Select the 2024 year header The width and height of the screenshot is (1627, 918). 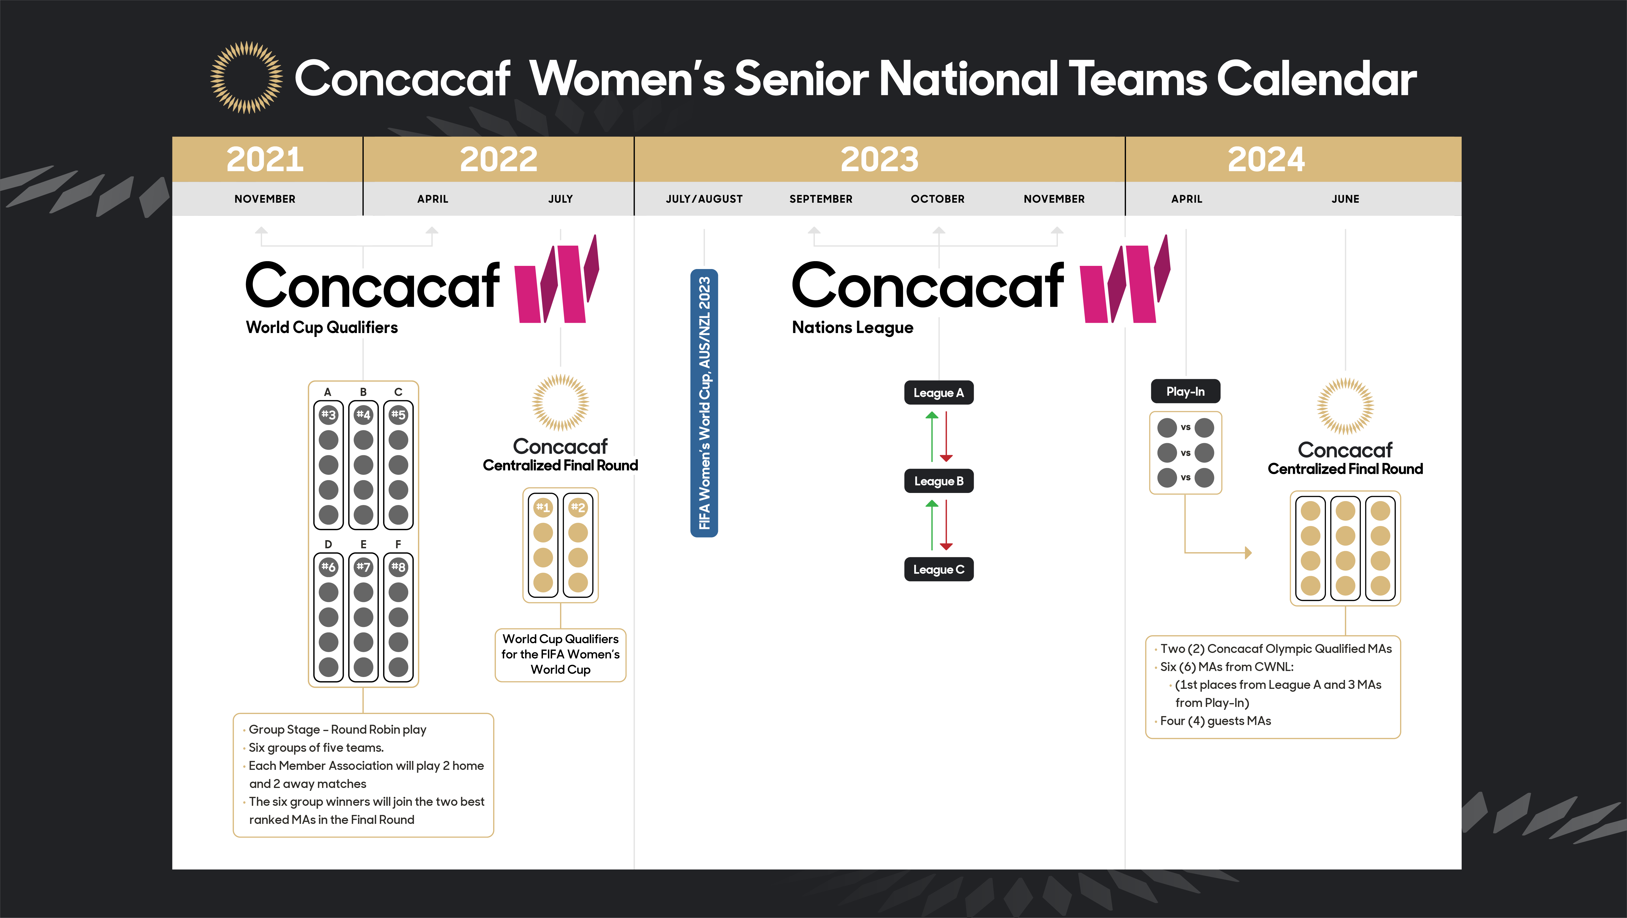coord(1266,159)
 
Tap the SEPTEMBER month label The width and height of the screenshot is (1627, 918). coord(820,199)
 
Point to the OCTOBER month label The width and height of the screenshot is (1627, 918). coord(937,199)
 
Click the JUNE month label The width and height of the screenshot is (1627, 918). coord(1345,199)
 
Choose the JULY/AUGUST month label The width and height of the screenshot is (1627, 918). coord(704,199)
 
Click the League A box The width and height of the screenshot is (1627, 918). coord(939,392)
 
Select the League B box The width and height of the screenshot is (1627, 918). coord(939,481)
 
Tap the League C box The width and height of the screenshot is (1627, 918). coord(939,569)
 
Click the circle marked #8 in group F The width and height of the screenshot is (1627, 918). coord(398,567)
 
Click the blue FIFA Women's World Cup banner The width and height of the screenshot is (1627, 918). coord(704,403)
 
